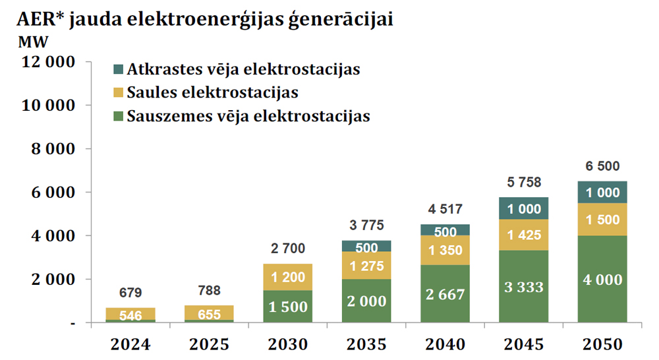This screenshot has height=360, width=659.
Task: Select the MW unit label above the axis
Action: coord(30,42)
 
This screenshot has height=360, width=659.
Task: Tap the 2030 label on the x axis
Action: coord(289,344)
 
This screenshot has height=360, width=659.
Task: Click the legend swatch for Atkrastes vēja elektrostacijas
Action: coord(119,69)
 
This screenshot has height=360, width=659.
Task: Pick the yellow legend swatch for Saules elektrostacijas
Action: coord(119,93)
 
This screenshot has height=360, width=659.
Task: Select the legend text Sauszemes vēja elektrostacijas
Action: coord(248,117)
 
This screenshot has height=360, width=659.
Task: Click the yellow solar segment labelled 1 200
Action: coord(289,278)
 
